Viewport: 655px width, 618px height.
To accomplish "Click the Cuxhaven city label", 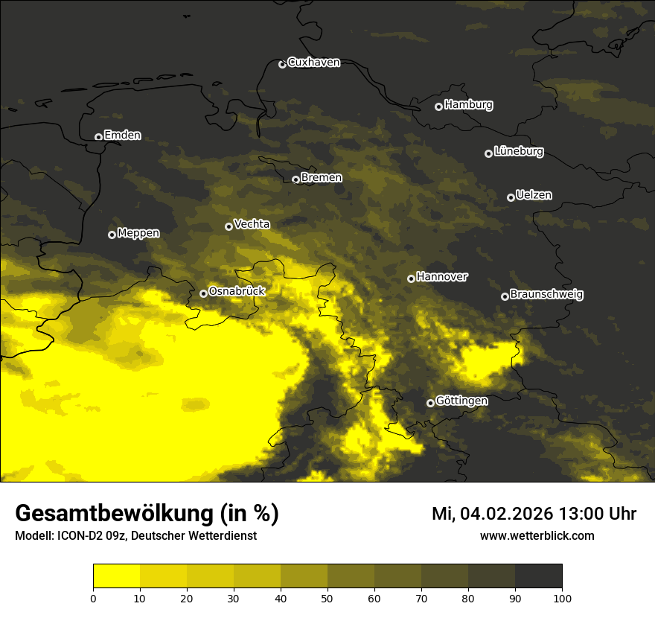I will (x=313, y=63).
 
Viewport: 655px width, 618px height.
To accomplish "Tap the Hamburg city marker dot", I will (x=438, y=106).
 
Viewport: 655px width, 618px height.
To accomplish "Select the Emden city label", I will (x=122, y=136).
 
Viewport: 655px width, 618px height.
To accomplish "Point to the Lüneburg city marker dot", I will (x=488, y=153).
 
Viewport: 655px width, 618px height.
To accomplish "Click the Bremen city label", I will (x=322, y=178).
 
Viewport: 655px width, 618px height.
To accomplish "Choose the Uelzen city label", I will (x=534, y=195).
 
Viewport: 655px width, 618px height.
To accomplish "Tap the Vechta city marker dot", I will (x=229, y=226).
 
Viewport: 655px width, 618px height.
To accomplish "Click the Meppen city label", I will (x=138, y=233).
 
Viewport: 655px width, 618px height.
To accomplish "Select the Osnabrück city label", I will (x=237, y=291).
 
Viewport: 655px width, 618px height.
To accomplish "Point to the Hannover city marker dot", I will (x=411, y=278).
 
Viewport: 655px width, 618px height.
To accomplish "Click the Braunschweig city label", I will (x=546, y=295).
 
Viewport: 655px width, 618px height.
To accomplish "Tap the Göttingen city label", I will (x=461, y=401).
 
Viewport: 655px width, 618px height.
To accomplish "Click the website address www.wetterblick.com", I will (x=537, y=535).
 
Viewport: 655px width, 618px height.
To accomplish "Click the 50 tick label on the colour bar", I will (x=327, y=597).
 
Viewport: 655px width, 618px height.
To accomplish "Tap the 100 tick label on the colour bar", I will (x=562, y=597).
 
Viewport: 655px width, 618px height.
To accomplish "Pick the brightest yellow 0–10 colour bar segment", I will (x=116, y=576).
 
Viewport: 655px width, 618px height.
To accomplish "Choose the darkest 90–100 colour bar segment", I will (x=538, y=576).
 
